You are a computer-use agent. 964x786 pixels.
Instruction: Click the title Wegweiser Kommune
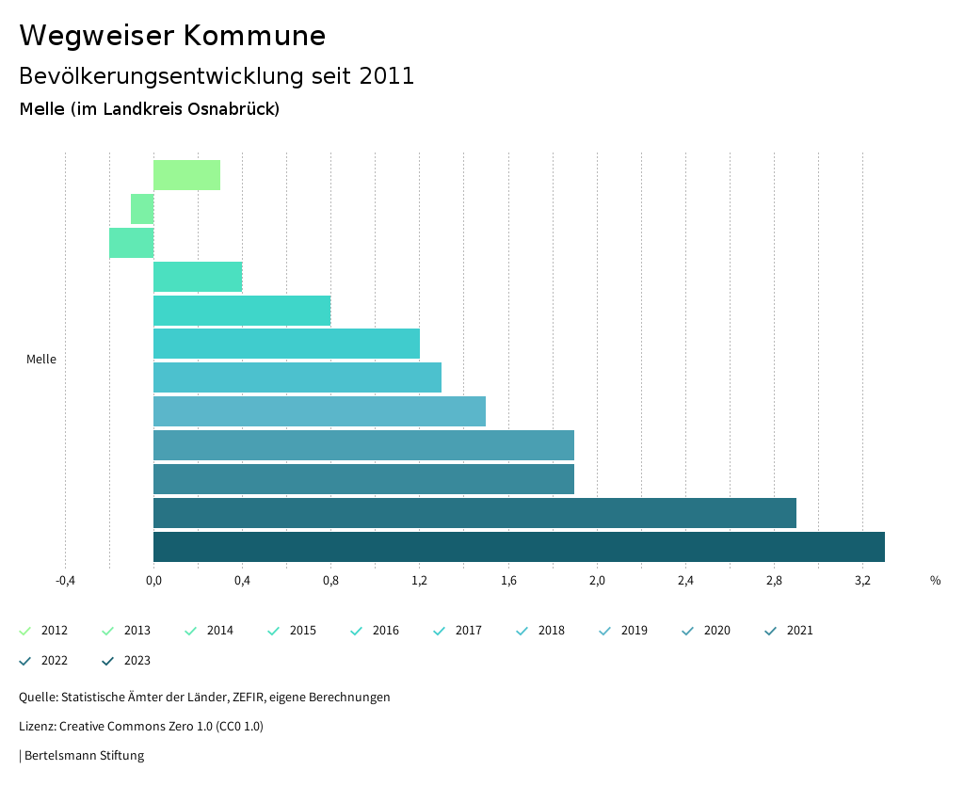coord(172,36)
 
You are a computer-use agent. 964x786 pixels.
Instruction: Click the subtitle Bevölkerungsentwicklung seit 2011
coord(217,76)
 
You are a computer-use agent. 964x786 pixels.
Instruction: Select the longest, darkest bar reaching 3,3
coord(519,547)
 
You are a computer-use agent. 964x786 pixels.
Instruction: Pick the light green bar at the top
coord(186,175)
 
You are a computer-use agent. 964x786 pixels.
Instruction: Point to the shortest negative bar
coord(142,209)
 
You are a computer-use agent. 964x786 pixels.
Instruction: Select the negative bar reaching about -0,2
coord(131,243)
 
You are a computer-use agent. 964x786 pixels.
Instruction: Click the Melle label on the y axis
coord(41,360)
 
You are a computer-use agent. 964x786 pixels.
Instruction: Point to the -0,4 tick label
coord(65,581)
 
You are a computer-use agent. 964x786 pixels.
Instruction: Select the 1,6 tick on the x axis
coord(508,581)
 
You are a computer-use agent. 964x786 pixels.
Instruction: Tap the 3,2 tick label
coord(862,581)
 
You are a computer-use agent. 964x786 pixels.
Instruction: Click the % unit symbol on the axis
coord(935,581)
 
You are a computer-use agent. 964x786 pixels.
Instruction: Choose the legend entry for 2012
coord(43,631)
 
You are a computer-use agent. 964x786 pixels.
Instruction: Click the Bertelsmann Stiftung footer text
coord(83,756)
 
